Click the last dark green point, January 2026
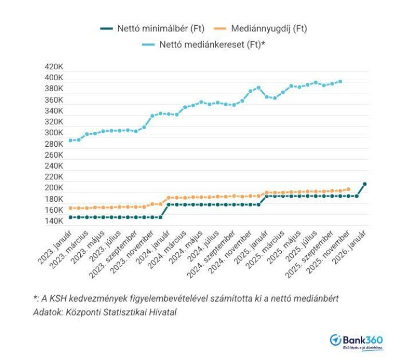(x=364, y=184)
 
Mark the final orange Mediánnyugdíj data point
(x=348, y=189)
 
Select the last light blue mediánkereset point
(x=340, y=81)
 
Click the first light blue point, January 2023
(x=70, y=140)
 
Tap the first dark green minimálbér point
(x=70, y=217)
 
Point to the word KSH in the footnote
(x=57, y=298)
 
